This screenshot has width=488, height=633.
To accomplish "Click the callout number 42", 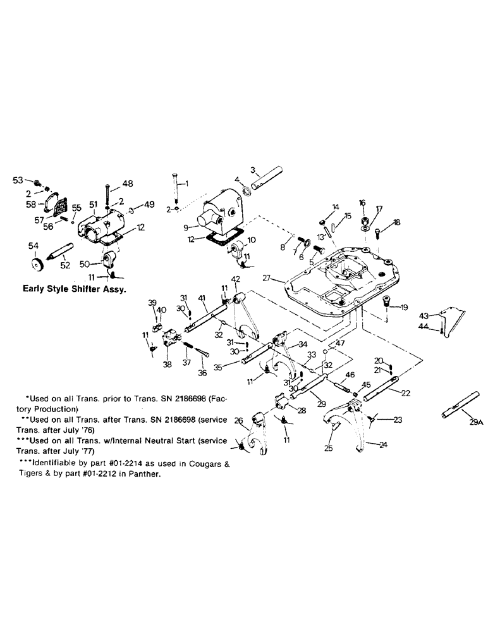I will pos(235,279).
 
